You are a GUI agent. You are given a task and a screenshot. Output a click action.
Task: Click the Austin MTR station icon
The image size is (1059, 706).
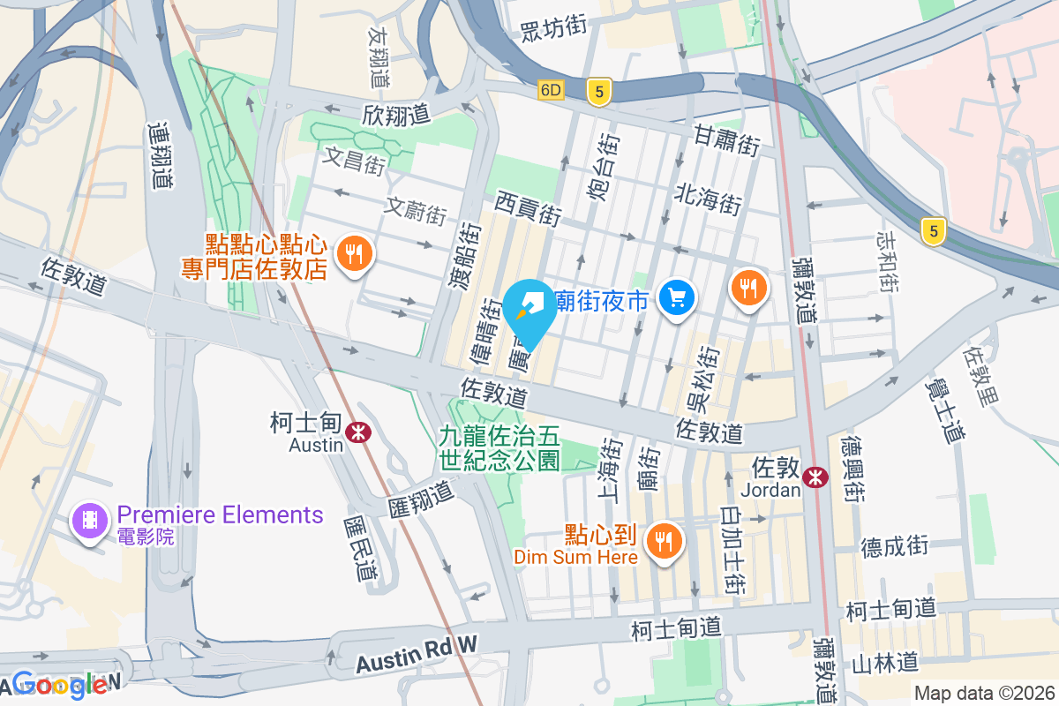357,432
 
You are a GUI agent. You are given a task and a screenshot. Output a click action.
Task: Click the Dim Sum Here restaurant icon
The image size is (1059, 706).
662,540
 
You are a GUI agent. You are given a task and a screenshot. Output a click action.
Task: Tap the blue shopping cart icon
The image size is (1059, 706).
678,298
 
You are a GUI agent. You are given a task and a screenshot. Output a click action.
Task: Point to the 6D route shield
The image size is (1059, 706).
552,90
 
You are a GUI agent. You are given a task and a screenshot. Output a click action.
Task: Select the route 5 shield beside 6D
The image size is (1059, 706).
598,91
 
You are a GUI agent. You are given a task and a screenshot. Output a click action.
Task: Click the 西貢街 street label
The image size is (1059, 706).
528,209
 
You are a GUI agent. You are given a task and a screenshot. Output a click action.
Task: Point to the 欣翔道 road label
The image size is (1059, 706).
395,115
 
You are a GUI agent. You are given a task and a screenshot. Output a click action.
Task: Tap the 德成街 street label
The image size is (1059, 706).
895,546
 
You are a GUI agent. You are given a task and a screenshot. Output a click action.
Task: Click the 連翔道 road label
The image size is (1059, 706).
161,155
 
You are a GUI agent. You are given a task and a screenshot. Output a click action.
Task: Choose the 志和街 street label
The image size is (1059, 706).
887,261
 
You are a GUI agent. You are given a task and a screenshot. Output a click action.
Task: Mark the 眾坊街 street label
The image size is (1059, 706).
553,27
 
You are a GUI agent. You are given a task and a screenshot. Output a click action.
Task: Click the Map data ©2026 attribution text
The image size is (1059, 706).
983,693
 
